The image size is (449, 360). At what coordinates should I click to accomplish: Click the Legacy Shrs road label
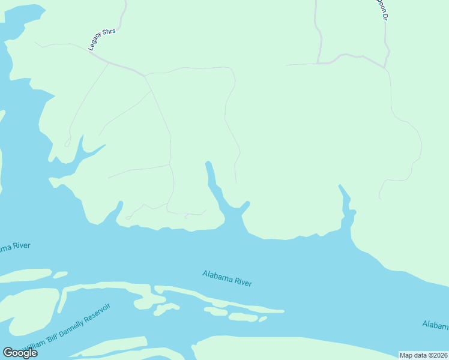103,39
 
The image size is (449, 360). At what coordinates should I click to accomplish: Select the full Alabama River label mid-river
227,278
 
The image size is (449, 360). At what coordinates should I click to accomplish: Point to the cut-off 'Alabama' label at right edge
435,325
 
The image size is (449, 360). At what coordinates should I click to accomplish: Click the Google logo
20,352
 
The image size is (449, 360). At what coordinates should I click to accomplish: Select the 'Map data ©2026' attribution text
423,355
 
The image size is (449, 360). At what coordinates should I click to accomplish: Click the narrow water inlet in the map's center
213,183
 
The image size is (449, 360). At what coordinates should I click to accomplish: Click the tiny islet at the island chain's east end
262,319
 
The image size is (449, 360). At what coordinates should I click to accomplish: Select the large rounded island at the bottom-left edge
27,309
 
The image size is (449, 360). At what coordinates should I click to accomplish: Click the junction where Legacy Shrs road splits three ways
145,76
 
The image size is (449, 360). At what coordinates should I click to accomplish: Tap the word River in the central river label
240,281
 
